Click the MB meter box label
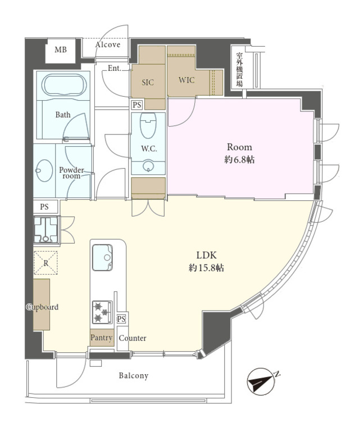coord(61,50)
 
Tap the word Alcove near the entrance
coord(108,44)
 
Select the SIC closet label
coord(148,82)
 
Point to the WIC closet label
coord(186,80)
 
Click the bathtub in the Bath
coord(64,85)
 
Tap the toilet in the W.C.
coord(148,125)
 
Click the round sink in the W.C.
coord(148,165)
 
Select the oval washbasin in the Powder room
coord(44,170)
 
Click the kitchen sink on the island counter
coord(102,258)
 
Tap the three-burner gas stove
coord(102,312)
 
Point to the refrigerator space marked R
coord(46,263)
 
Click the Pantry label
coord(101,338)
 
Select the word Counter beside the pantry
coord(133,338)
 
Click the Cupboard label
coord(42,307)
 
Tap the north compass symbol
coord(261,381)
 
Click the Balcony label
coord(134,375)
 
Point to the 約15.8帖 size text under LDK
coord(206,268)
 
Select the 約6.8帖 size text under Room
coord(239,160)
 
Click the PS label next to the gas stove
coord(121,319)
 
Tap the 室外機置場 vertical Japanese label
coord(239,70)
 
